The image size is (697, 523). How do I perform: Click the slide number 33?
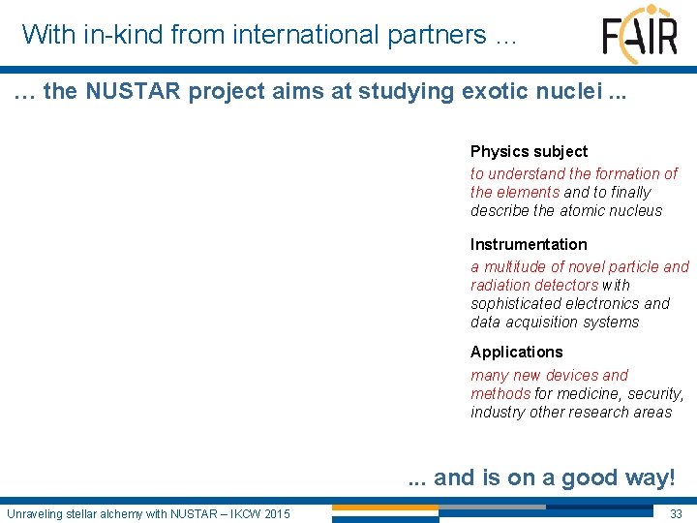(x=676, y=513)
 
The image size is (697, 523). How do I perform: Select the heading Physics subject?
(x=529, y=151)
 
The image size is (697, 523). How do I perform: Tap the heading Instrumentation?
(x=529, y=244)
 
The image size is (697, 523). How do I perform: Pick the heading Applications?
(x=516, y=352)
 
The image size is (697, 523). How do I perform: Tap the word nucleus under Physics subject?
(x=634, y=210)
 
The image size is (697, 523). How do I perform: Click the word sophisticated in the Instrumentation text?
(x=516, y=303)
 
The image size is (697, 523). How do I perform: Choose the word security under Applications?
(x=655, y=393)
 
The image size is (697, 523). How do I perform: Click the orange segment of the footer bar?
(x=384, y=507)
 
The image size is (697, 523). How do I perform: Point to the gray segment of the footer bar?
(x=492, y=507)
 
